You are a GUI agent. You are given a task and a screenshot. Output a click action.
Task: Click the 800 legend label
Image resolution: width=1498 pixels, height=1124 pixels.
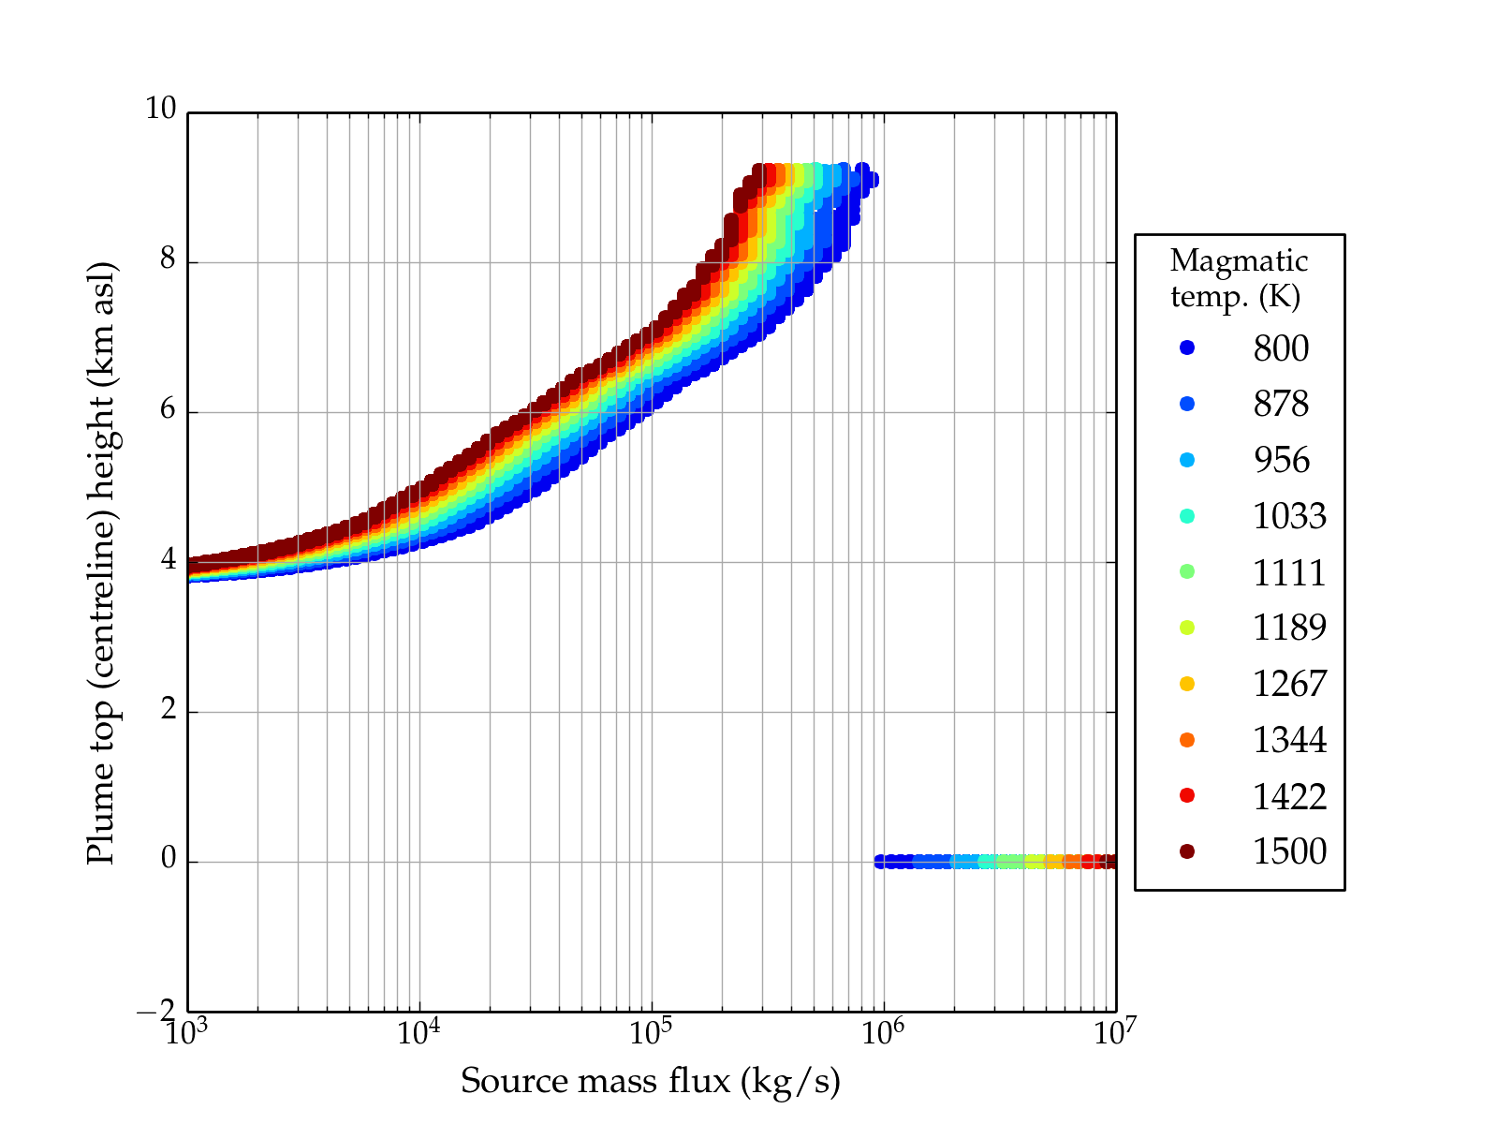point(1281,348)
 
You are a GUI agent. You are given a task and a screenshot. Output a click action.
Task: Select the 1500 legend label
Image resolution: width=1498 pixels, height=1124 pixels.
point(1289,851)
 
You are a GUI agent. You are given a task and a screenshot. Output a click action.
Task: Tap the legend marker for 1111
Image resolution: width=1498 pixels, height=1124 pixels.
point(1187,571)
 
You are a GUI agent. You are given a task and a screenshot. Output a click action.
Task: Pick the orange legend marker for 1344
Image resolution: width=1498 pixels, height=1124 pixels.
point(1187,740)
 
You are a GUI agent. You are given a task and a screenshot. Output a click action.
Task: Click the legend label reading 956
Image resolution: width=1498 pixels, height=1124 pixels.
point(1281,460)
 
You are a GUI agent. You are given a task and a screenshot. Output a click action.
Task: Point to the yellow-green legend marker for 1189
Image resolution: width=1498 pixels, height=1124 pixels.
point(1187,628)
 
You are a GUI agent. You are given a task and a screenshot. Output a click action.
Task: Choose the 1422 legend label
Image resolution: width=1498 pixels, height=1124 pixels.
point(1289,796)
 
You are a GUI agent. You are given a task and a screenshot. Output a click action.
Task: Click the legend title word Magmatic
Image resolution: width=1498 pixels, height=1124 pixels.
point(1239,260)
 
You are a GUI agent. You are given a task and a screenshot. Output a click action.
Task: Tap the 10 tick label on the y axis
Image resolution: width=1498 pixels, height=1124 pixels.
point(160,110)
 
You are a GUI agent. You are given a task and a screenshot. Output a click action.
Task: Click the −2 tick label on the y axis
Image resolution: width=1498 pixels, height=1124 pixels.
point(155,1011)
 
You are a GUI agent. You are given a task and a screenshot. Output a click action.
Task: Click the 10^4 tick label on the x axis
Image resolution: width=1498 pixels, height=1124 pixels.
point(419,1032)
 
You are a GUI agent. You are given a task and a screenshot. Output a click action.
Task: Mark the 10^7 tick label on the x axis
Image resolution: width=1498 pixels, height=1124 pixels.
point(1115,1032)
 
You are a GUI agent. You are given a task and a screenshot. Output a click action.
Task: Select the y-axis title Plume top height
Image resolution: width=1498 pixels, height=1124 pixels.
point(100,562)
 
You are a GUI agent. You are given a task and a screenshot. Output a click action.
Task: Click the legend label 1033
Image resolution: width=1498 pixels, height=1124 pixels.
point(1289,516)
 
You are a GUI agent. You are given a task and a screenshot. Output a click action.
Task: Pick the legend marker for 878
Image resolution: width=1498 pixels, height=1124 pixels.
point(1187,404)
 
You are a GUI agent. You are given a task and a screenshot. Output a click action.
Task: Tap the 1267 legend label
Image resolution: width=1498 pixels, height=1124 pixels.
point(1289,684)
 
